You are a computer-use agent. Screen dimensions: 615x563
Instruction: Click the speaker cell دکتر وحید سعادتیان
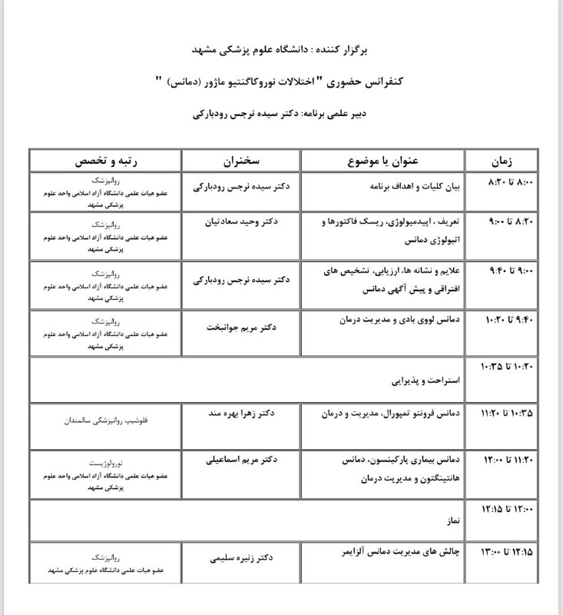click(x=242, y=221)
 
